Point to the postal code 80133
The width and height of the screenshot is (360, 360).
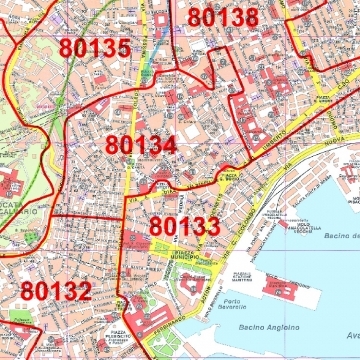[185, 226]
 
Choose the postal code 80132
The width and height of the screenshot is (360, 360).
[57, 292]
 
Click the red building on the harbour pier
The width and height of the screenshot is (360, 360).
[283, 289]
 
